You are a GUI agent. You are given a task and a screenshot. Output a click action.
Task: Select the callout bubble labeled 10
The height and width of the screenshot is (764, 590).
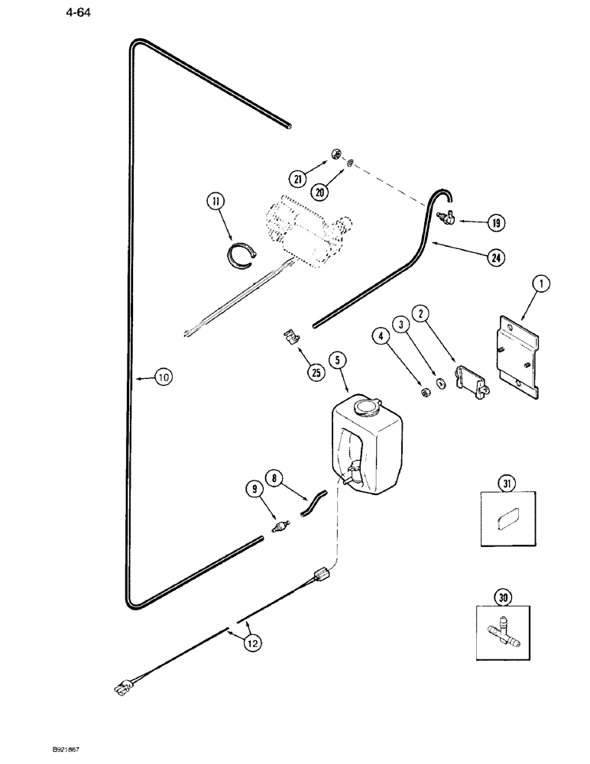(x=165, y=376)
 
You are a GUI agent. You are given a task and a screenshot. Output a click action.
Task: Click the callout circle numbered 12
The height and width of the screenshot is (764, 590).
(x=252, y=643)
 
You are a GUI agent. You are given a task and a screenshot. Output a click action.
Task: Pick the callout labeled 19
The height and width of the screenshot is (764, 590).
(x=496, y=224)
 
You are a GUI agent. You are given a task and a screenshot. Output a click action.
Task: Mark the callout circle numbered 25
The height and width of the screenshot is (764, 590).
(x=316, y=373)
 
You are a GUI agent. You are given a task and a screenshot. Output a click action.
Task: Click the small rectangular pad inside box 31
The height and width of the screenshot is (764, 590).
(x=506, y=522)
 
